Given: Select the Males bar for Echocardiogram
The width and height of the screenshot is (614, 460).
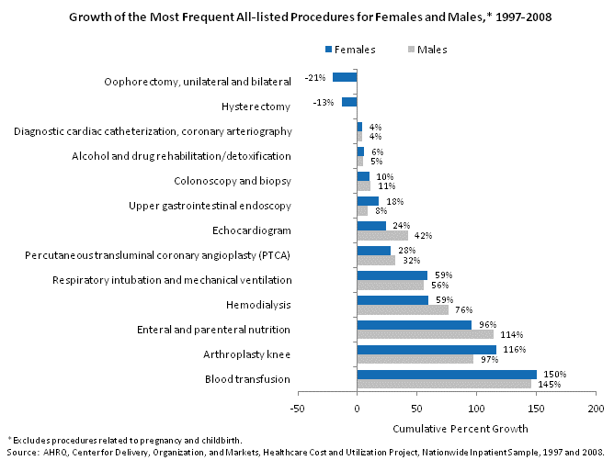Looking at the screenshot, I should point(381,235).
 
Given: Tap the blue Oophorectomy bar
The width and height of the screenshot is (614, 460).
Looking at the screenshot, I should point(345,77).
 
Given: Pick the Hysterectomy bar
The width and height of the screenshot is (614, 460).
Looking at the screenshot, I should point(349,102).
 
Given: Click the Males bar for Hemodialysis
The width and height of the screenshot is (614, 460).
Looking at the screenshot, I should point(402,309).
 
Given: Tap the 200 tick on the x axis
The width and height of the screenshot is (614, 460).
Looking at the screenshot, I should point(596,408).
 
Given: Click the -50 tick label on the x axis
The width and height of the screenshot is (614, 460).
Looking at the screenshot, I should point(298,408).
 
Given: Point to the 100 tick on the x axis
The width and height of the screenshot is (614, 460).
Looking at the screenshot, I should point(476,408).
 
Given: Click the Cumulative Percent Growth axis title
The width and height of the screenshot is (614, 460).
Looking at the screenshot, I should point(447,429).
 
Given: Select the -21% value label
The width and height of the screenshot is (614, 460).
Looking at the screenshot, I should point(316,78).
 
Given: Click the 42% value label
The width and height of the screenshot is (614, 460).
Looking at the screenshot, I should point(423,235).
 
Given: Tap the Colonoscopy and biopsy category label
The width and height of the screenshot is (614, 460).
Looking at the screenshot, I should point(233,181).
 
